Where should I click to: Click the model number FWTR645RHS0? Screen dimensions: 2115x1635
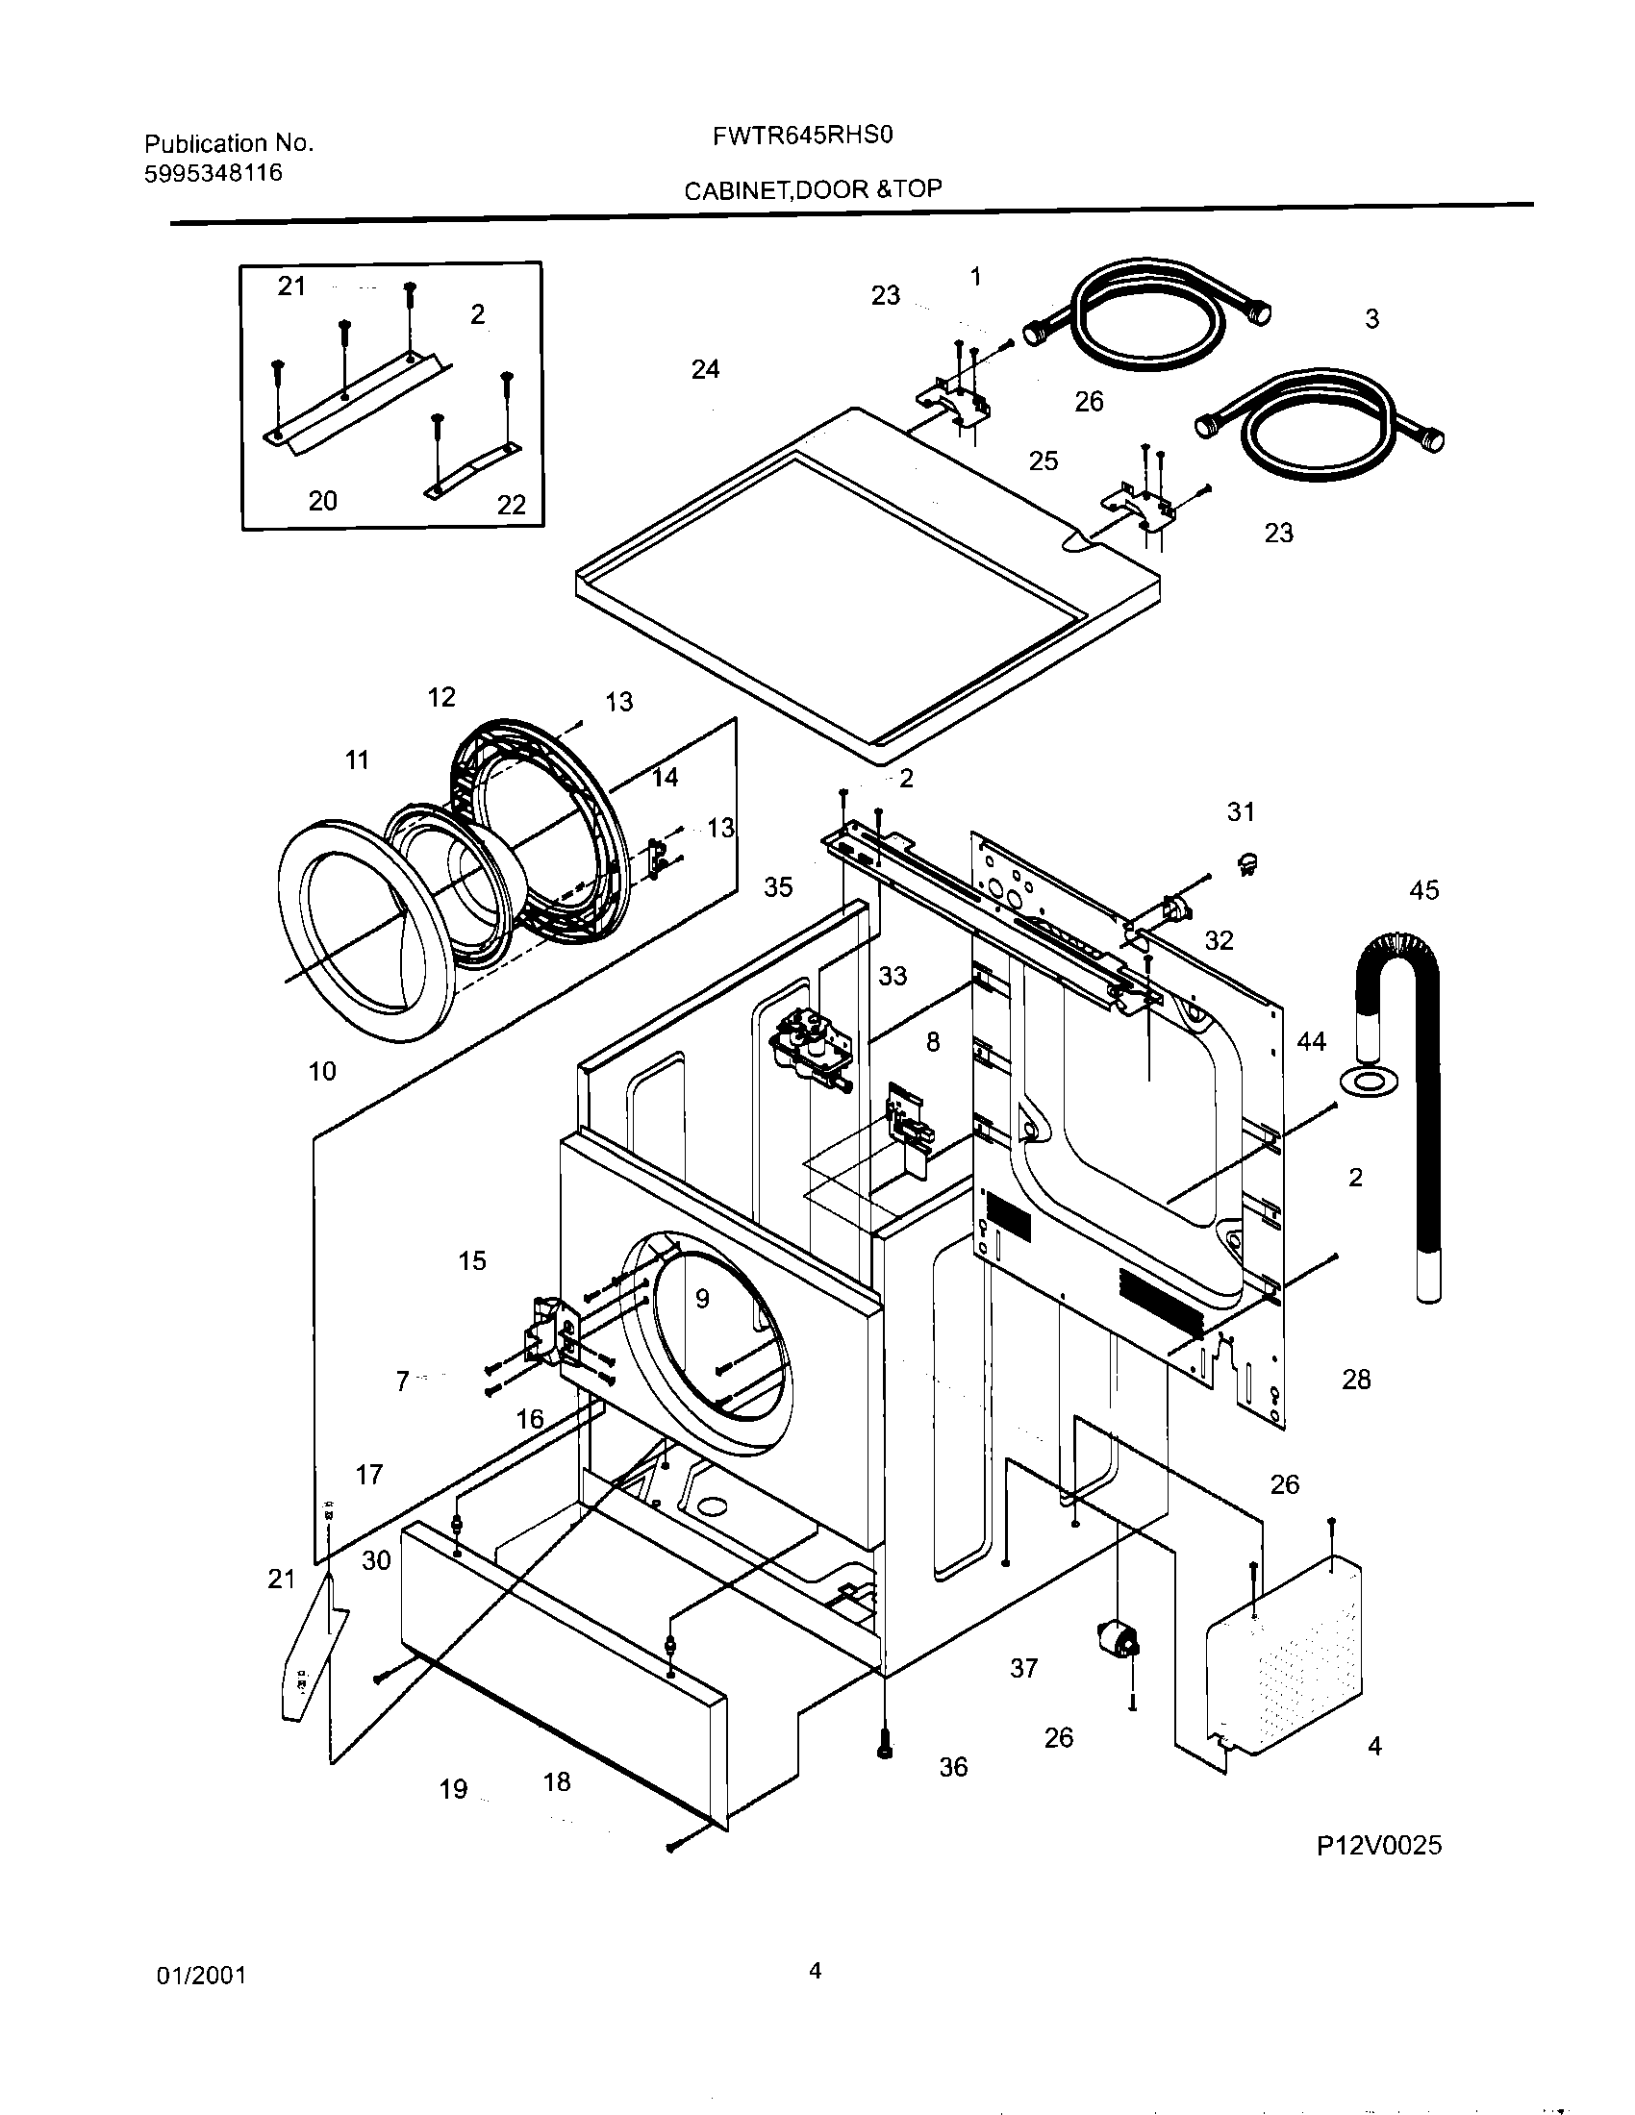[802, 137]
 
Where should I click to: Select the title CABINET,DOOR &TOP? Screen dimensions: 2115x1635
[813, 189]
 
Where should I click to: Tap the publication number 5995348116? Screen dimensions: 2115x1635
[214, 172]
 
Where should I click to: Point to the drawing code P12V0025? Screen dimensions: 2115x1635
[1378, 1846]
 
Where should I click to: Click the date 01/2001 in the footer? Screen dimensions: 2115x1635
[201, 1976]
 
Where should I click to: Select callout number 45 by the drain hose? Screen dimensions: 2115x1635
[1423, 890]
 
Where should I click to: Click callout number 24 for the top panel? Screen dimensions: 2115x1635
[705, 369]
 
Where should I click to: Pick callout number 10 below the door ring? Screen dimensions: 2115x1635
[322, 1071]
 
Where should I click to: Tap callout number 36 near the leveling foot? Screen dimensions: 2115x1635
[953, 1767]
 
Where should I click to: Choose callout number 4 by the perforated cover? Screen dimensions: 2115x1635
[1374, 1746]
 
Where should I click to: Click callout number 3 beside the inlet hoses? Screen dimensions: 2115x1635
[1371, 318]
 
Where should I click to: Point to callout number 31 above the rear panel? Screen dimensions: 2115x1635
[1241, 811]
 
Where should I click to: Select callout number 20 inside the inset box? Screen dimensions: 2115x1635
[322, 501]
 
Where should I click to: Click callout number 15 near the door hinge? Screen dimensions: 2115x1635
[471, 1261]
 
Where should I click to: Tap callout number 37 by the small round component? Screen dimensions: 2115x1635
[1024, 1668]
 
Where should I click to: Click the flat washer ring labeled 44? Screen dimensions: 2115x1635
[1360, 1079]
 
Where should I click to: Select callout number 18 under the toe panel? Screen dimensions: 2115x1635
[557, 1781]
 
